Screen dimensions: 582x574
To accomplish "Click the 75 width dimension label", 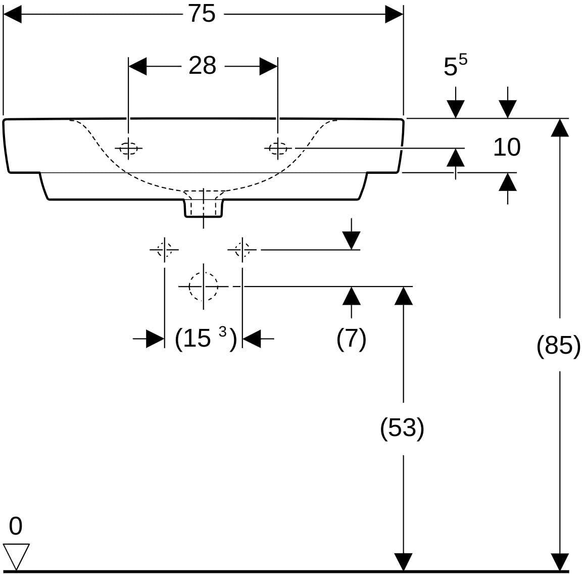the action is pos(202,14).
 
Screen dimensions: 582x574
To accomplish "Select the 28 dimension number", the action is pos(202,66).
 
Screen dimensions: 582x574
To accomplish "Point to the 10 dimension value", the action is pos(507,147).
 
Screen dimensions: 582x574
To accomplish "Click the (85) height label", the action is pos(558,346).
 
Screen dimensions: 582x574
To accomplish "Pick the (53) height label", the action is pos(402,427).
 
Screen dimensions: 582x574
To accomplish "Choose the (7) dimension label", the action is pos(351,339).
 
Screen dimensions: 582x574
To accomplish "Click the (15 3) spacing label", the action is pos(206,338).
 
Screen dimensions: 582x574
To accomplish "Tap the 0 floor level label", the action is pos(16,526).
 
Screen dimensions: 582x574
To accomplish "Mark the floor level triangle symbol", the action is pos(16,556).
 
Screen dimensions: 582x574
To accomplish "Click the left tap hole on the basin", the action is pos(128,149).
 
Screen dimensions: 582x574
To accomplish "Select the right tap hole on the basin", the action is pos(278,149).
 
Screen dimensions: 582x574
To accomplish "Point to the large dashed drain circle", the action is pos(204,286).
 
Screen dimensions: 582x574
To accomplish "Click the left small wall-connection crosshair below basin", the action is pos(164,250).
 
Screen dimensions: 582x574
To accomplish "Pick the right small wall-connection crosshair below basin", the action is pos(242,250).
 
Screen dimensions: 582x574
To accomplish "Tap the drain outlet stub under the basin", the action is pos(204,208).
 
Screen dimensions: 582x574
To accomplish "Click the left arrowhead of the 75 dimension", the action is pos(12,15).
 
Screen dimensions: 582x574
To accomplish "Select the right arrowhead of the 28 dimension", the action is pos(269,66).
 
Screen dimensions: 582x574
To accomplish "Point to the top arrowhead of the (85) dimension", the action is pos(560,128).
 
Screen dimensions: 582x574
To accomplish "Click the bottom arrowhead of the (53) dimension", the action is pos(403,561).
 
